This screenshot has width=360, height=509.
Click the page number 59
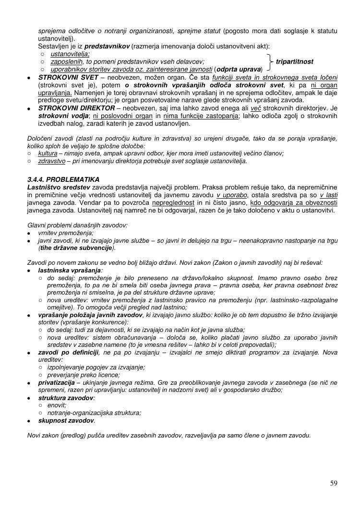tap(334, 483)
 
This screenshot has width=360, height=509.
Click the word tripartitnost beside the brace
tap(295, 62)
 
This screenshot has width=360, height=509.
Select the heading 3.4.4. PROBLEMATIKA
tap(63, 179)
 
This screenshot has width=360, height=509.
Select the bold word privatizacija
tap(56, 383)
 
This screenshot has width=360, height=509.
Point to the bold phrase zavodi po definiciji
tap(68, 353)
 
